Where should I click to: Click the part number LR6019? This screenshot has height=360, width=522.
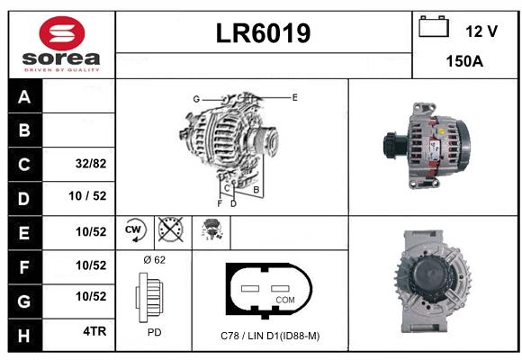[x=263, y=33]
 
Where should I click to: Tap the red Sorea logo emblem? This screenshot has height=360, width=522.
[x=62, y=33]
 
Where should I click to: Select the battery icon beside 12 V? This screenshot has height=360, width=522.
[x=434, y=26]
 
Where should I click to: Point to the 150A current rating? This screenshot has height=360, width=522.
[x=464, y=61]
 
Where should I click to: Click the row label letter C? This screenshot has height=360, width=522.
[x=24, y=165]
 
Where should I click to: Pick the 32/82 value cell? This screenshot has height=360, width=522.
[x=91, y=164]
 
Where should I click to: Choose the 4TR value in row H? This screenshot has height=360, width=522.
[x=94, y=331]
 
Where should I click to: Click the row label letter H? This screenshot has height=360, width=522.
[x=24, y=336]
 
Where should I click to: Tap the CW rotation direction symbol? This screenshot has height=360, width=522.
[x=136, y=229]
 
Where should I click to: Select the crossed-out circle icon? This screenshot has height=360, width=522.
[x=171, y=229]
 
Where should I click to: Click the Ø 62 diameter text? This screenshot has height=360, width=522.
[x=155, y=260]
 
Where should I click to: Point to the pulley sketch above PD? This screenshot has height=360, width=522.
[x=149, y=297]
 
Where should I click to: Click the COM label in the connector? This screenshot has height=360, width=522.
[x=285, y=300]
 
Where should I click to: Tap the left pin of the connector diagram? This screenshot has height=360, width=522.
[x=250, y=288]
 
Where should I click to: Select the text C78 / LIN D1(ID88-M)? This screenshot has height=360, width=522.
[x=270, y=336]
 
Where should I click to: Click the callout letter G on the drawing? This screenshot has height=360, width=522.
[x=196, y=99]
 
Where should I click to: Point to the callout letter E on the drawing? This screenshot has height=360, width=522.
[x=294, y=97]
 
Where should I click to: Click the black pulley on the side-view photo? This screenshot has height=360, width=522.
[x=394, y=146]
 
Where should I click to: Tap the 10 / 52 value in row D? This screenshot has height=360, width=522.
[x=87, y=196]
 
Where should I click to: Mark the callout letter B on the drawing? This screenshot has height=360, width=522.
[x=256, y=190]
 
